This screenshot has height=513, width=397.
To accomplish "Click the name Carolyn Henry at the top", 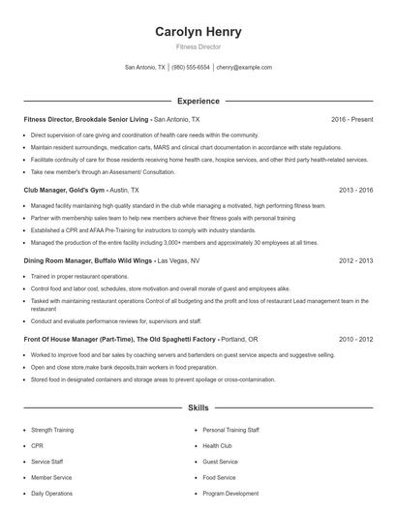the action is [x=198, y=32].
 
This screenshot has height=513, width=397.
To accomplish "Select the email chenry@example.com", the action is [x=244, y=68].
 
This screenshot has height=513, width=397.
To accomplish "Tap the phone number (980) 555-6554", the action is [x=192, y=68].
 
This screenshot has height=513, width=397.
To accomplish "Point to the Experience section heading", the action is [x=198, y=101].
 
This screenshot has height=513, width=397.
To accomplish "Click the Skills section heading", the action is [x=198, y=409].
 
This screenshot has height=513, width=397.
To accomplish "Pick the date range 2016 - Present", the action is [x=351, y=119].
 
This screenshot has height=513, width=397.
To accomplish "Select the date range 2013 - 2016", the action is [x=355, y=191].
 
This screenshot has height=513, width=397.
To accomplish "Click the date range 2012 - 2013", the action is [x=355, y=261].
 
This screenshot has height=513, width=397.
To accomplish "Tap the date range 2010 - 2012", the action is [x=355, y=341].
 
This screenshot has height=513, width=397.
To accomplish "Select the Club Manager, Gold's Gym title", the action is [x=62, y=191].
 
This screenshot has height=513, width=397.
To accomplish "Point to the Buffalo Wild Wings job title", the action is [x=87, y=261].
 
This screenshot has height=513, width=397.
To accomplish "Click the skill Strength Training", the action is [x=54, y=429].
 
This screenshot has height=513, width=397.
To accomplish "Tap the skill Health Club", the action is [x=218, y=445].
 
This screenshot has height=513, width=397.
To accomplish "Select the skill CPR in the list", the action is [x=37, y=445].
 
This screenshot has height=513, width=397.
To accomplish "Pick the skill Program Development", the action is [x=230, y=494].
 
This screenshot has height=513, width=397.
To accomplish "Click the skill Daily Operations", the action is [x=51, y=494].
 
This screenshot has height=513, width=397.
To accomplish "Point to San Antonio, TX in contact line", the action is [x=145, y=68].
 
